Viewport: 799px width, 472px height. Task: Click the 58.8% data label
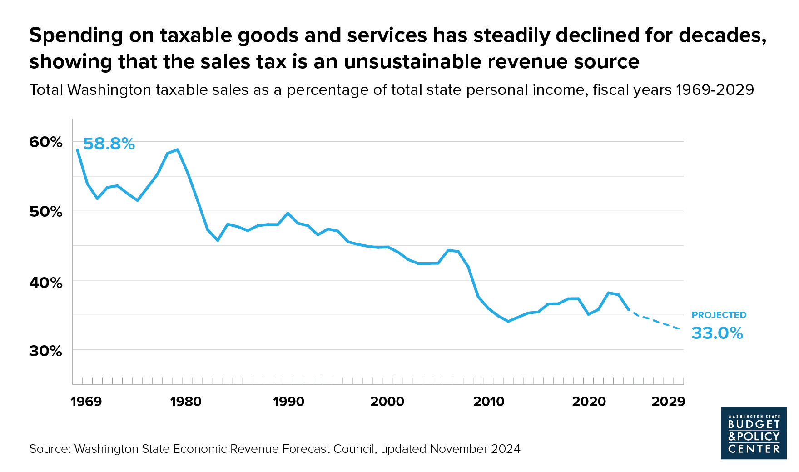coord(109,144)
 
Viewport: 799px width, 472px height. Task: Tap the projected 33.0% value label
coord(717,333)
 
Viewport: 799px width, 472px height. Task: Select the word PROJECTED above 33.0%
coord(719,315)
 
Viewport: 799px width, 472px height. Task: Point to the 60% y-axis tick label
coord(45,142)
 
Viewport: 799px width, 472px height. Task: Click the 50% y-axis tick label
coord(45,212)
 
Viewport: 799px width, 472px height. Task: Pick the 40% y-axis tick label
coord(45,283)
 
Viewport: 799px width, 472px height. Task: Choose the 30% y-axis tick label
coord(45,351)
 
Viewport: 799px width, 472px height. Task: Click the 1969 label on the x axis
coord(86,402)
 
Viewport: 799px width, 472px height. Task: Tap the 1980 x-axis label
coord(186,402)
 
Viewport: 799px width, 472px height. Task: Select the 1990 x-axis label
coord(288,402)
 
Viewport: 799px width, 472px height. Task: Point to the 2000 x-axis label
coord(387,402)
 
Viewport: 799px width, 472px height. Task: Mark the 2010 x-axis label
coord(489,402)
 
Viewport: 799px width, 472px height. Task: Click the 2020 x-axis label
coord(589,402)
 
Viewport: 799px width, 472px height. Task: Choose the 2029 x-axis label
coord(668,402)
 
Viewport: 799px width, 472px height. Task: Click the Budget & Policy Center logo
coord(754,433)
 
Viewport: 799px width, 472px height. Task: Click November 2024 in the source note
coord(475,449)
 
